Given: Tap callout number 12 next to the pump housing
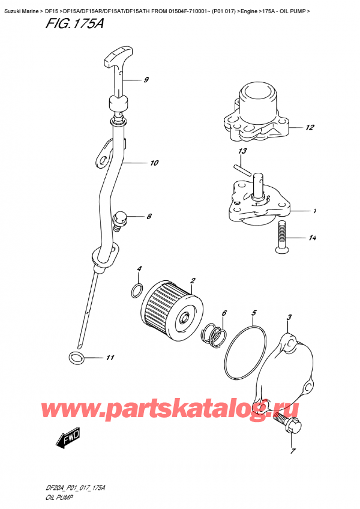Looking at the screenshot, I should (x=310, y=127).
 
